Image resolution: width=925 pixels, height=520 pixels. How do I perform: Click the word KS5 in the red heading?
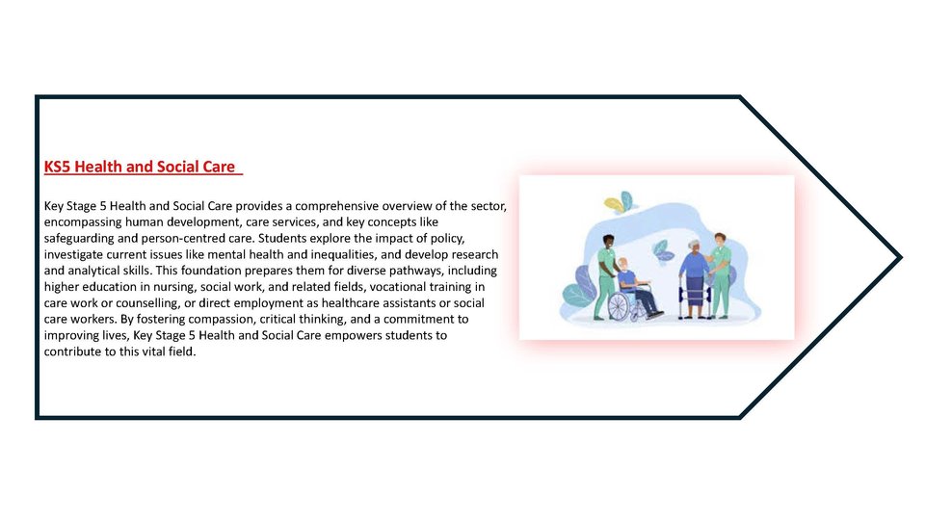[x=57, y=167]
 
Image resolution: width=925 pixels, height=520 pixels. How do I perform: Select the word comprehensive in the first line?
[x=336, y=206]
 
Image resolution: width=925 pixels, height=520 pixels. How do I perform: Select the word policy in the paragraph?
[x=449, y=239]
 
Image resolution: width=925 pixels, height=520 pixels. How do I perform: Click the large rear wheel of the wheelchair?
[x=619, y=306]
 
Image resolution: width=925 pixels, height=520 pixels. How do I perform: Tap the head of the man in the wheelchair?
[x=622, y=265]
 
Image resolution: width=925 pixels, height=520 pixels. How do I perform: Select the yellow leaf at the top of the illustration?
[x=614, y=204]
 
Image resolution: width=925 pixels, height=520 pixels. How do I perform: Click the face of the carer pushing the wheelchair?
[x=609, y=243]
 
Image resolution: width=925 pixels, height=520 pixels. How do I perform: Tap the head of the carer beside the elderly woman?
[x=720, y=240]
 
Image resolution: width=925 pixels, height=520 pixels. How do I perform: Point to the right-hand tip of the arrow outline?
[x=902, y=257]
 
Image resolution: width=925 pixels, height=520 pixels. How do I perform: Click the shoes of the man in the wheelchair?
[x=655, y=315]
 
